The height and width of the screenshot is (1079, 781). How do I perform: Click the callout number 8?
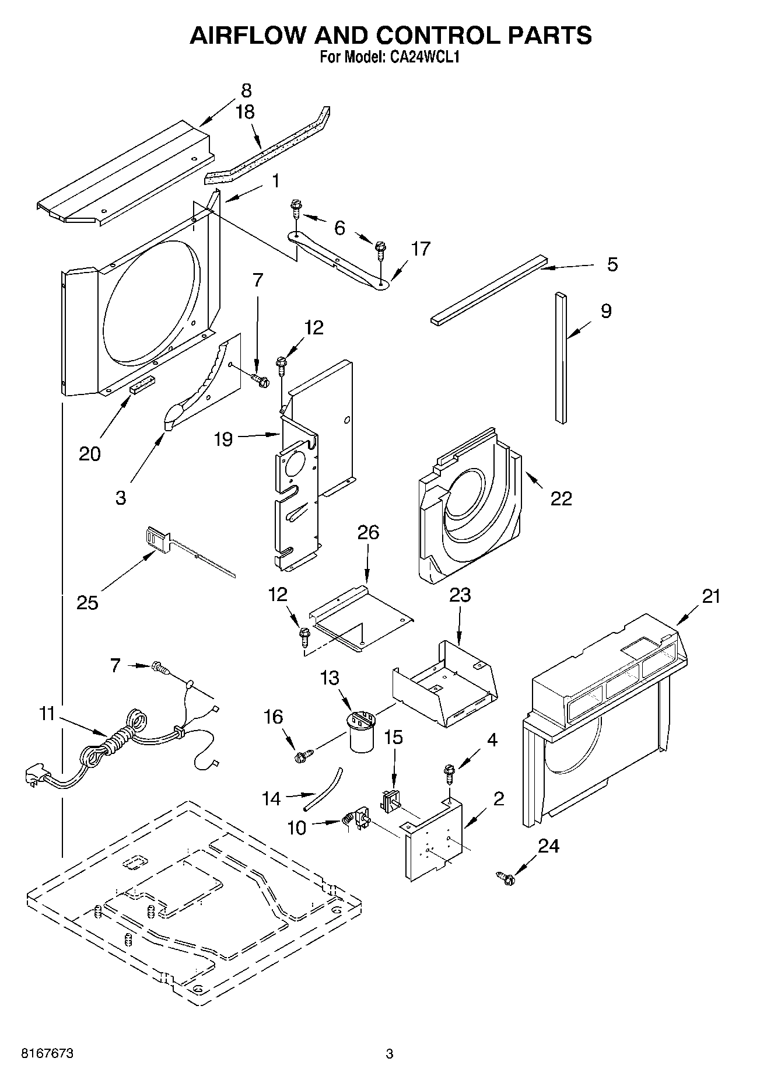(x=246, y=90)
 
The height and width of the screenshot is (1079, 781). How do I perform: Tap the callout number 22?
(x=561, y=498)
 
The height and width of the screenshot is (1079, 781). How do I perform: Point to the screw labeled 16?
(x=302, y=756)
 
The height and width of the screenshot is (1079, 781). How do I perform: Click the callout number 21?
(x=711, y=596)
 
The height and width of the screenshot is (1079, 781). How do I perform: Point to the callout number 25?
(x=87, y=602)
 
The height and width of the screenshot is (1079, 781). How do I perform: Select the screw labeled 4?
(x=450, y=774)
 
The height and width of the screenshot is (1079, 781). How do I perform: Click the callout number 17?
(x=420, y=249)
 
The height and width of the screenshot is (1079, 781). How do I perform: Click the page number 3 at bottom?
(x=390, y=1054)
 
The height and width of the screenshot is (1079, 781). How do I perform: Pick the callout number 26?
(x=368, y=532)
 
